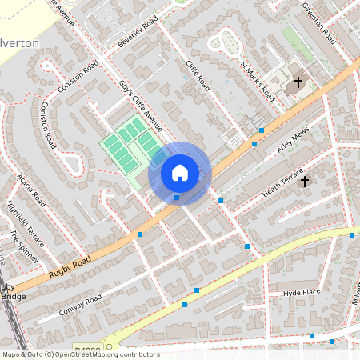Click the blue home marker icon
(x=180, y=172)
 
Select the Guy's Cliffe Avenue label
(x=141, y=106)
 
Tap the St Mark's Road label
(x=258, y=80)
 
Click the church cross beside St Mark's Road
(x=298, y=82)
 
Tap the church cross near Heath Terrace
(x=304, y=182)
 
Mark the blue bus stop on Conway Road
(x=185, y=304)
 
